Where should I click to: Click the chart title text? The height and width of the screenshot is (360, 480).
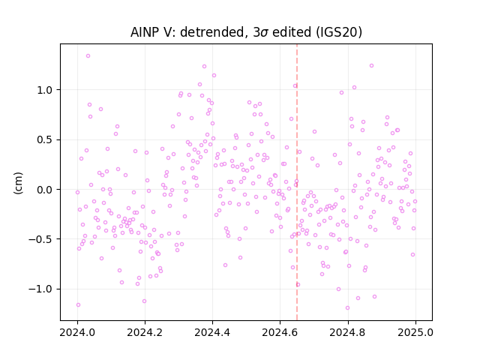[246, 32]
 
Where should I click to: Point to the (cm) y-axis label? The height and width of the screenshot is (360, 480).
[18, 183]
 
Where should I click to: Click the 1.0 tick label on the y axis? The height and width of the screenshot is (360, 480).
[45, 90]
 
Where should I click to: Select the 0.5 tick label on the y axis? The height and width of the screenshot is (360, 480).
[45, 140]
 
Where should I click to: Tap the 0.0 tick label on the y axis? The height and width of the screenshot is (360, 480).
[45, 190]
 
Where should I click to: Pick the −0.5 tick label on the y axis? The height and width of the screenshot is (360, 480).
[41, 239]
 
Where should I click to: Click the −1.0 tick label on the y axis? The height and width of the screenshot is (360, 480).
[41, 289]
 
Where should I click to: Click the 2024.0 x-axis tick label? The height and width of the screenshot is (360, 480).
[77, 332]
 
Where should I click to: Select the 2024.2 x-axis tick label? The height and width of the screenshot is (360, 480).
[145, 332]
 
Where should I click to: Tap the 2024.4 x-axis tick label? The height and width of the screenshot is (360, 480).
[212, 332]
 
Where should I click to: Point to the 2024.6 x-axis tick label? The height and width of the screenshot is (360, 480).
[280, 332]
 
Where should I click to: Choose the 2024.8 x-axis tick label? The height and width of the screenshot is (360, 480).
[347, 332]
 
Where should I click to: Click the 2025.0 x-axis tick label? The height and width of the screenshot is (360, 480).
[415, 332]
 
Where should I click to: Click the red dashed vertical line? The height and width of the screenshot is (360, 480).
[297, 182]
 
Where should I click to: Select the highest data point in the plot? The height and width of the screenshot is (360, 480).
[88, 56]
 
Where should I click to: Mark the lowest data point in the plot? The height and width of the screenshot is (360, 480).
[347, 308]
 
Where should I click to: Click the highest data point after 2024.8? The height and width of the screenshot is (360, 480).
[371, 66]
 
